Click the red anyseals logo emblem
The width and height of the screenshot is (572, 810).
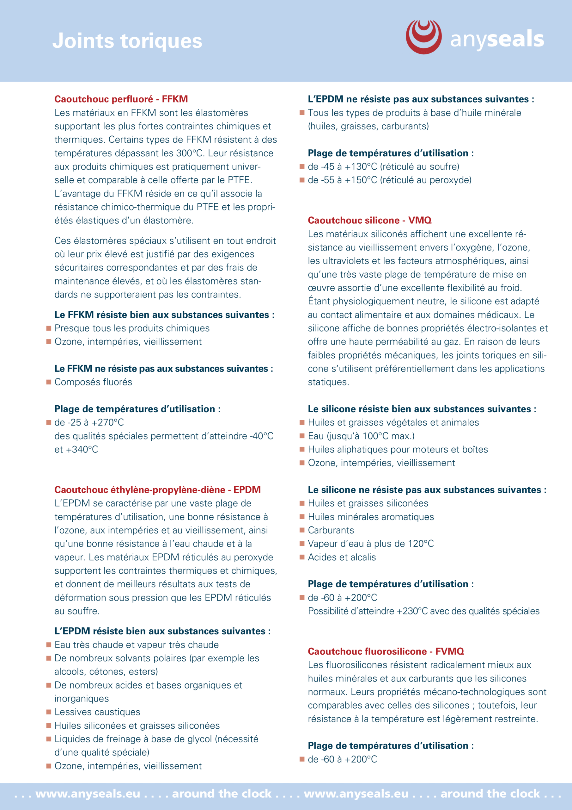[423, 37]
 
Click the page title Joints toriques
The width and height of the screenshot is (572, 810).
[127, 41]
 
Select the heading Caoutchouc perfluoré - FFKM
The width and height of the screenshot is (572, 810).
[121, 99]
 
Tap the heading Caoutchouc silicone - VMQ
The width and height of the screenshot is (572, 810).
[369, 220]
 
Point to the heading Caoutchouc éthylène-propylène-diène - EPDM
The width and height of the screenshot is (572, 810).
[157, 490]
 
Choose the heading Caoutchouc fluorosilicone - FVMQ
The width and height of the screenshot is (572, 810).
[386, 651]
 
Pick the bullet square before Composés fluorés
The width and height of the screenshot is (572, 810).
[49, 382]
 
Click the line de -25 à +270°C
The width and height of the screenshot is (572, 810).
[89, 422]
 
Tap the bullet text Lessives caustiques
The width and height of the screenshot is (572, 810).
[97, 712]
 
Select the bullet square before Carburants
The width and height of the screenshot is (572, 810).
[302, 530]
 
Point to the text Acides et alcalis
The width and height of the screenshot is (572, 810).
[342, 557]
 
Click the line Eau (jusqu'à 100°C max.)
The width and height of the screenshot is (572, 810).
[361, 436]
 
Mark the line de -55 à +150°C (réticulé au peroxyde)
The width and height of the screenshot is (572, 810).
[389, 180]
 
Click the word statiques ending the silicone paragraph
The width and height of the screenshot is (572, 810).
[328, 382]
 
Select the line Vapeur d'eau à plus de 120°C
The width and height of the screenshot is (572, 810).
[370, 544]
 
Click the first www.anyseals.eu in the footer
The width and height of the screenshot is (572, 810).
[88, 794]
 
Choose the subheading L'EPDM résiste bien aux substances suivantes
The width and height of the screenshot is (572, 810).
[162, 631]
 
